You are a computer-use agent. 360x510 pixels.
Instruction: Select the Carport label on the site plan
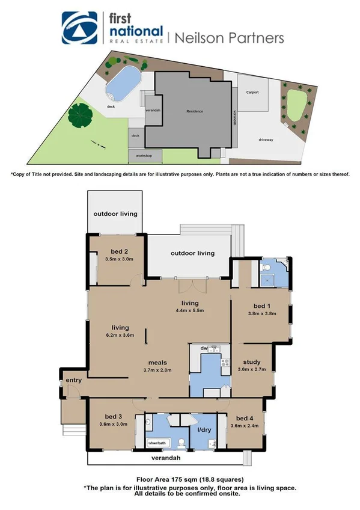(x=252, y=93)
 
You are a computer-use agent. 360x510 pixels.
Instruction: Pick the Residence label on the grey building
(x=194, y=111)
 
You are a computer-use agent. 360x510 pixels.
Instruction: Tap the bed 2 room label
(x=118, y=251)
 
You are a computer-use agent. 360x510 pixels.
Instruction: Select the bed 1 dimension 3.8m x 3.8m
(x=261, y=313)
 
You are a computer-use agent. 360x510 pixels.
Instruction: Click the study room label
(x=252, y=361)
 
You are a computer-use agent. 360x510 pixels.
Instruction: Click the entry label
(x=74, y=379)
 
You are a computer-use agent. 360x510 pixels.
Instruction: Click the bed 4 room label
(x=245, y=419)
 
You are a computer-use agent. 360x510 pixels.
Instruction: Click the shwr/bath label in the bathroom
(x=157, y=443)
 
